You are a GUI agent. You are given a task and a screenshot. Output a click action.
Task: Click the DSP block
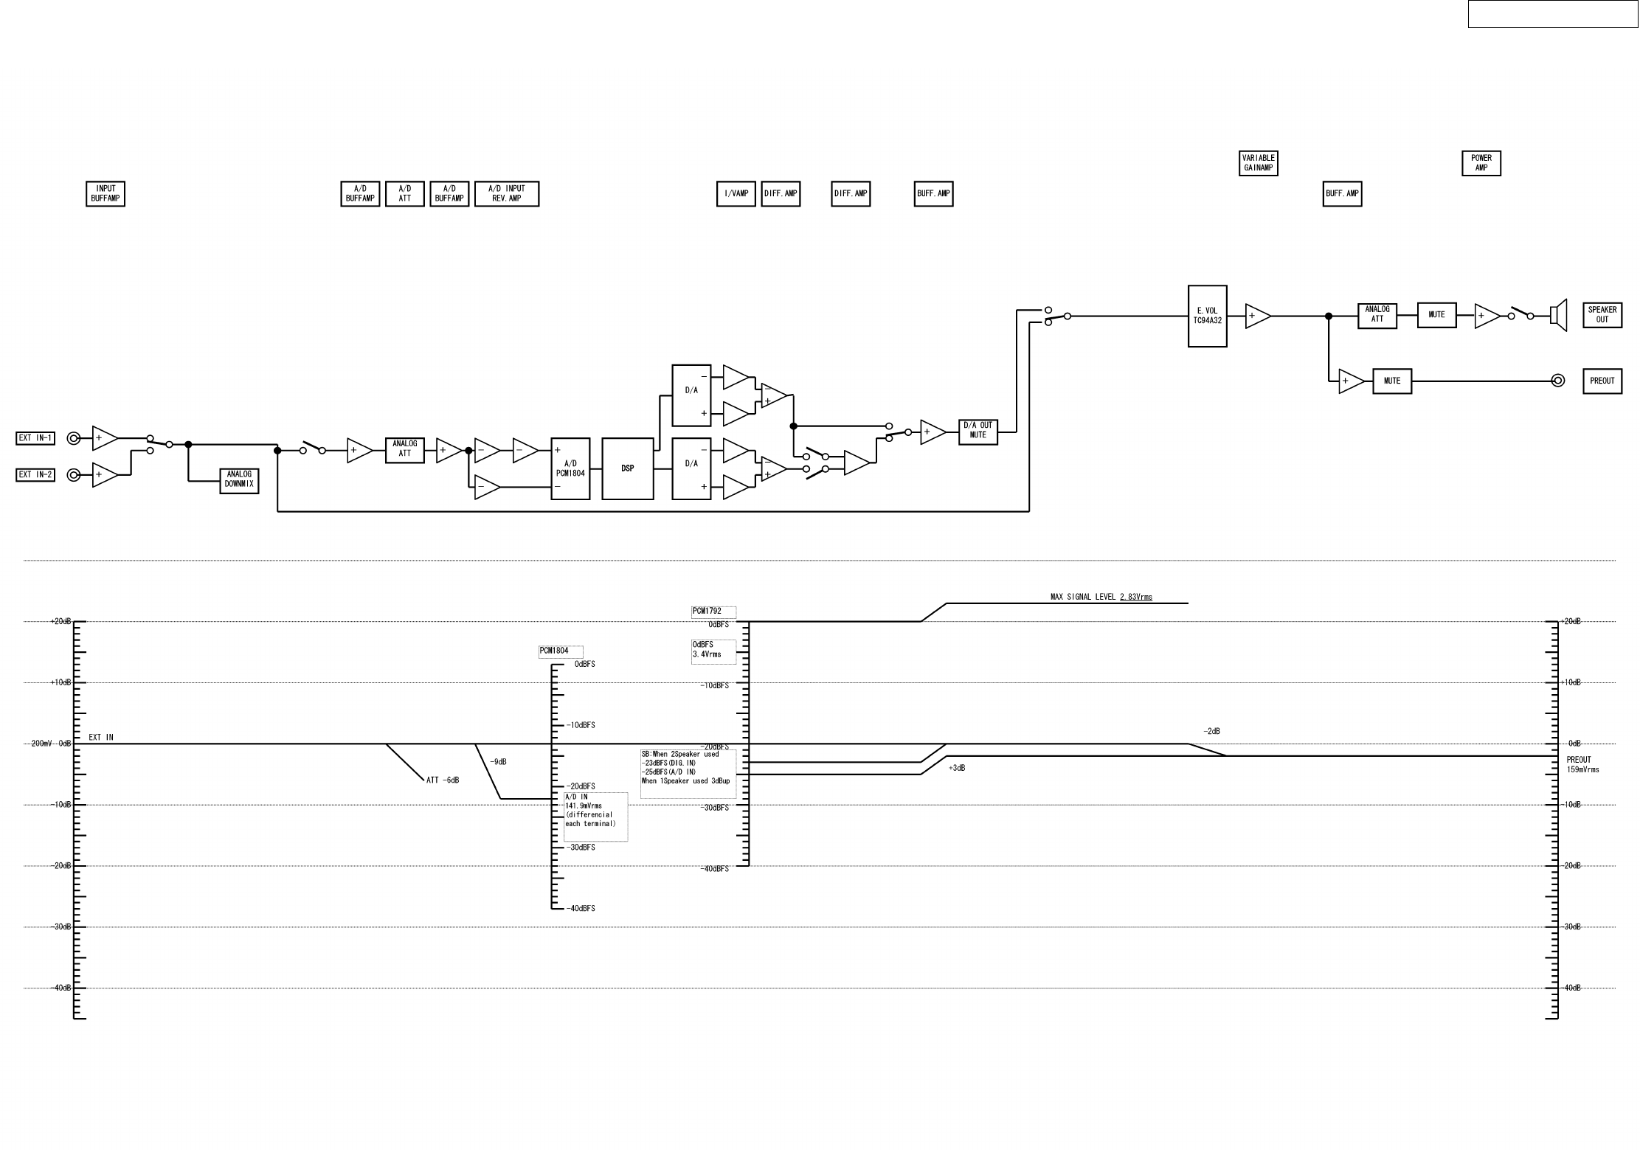(x=627, y=468)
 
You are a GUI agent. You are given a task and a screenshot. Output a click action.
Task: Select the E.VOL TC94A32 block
(x=1207, y=316)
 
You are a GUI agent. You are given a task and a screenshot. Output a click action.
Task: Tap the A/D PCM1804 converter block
(x=570, y=468)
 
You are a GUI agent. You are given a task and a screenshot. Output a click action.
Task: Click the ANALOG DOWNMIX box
(x=239, y=481)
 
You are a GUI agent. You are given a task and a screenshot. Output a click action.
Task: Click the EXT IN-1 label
(x=35, y=438)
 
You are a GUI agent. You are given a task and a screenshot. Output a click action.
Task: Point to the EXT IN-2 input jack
(x=73, y=475)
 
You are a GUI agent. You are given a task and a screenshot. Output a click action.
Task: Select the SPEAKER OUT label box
(x=1602, y=315)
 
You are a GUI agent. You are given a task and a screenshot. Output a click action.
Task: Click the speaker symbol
(x=1558, y=316)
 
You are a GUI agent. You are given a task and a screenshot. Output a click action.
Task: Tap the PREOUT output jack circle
(x=1557, y=381)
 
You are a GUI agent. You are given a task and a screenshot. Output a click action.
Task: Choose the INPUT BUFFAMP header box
(x=105, y=194)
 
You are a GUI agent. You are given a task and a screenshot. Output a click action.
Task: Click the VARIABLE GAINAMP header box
(x=1258, y=163)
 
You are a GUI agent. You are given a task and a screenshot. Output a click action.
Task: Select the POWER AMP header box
(x=1481, y=163)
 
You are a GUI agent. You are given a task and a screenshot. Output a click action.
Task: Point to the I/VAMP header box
(x=736, y=194)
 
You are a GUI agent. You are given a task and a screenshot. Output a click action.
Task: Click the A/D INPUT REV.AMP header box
(x=506, y=194)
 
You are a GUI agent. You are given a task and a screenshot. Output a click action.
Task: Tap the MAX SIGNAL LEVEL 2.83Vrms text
(x=1101, y=597)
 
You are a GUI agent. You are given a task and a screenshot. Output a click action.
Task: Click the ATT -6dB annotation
(x=443, y=780)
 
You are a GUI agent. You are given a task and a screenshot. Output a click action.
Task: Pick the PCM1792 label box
(x=713, y=612)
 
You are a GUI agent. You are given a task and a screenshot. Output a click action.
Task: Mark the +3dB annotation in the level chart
(x=957, y=768)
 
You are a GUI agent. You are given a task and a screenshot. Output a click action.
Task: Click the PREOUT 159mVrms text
(x=1582, y=765)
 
